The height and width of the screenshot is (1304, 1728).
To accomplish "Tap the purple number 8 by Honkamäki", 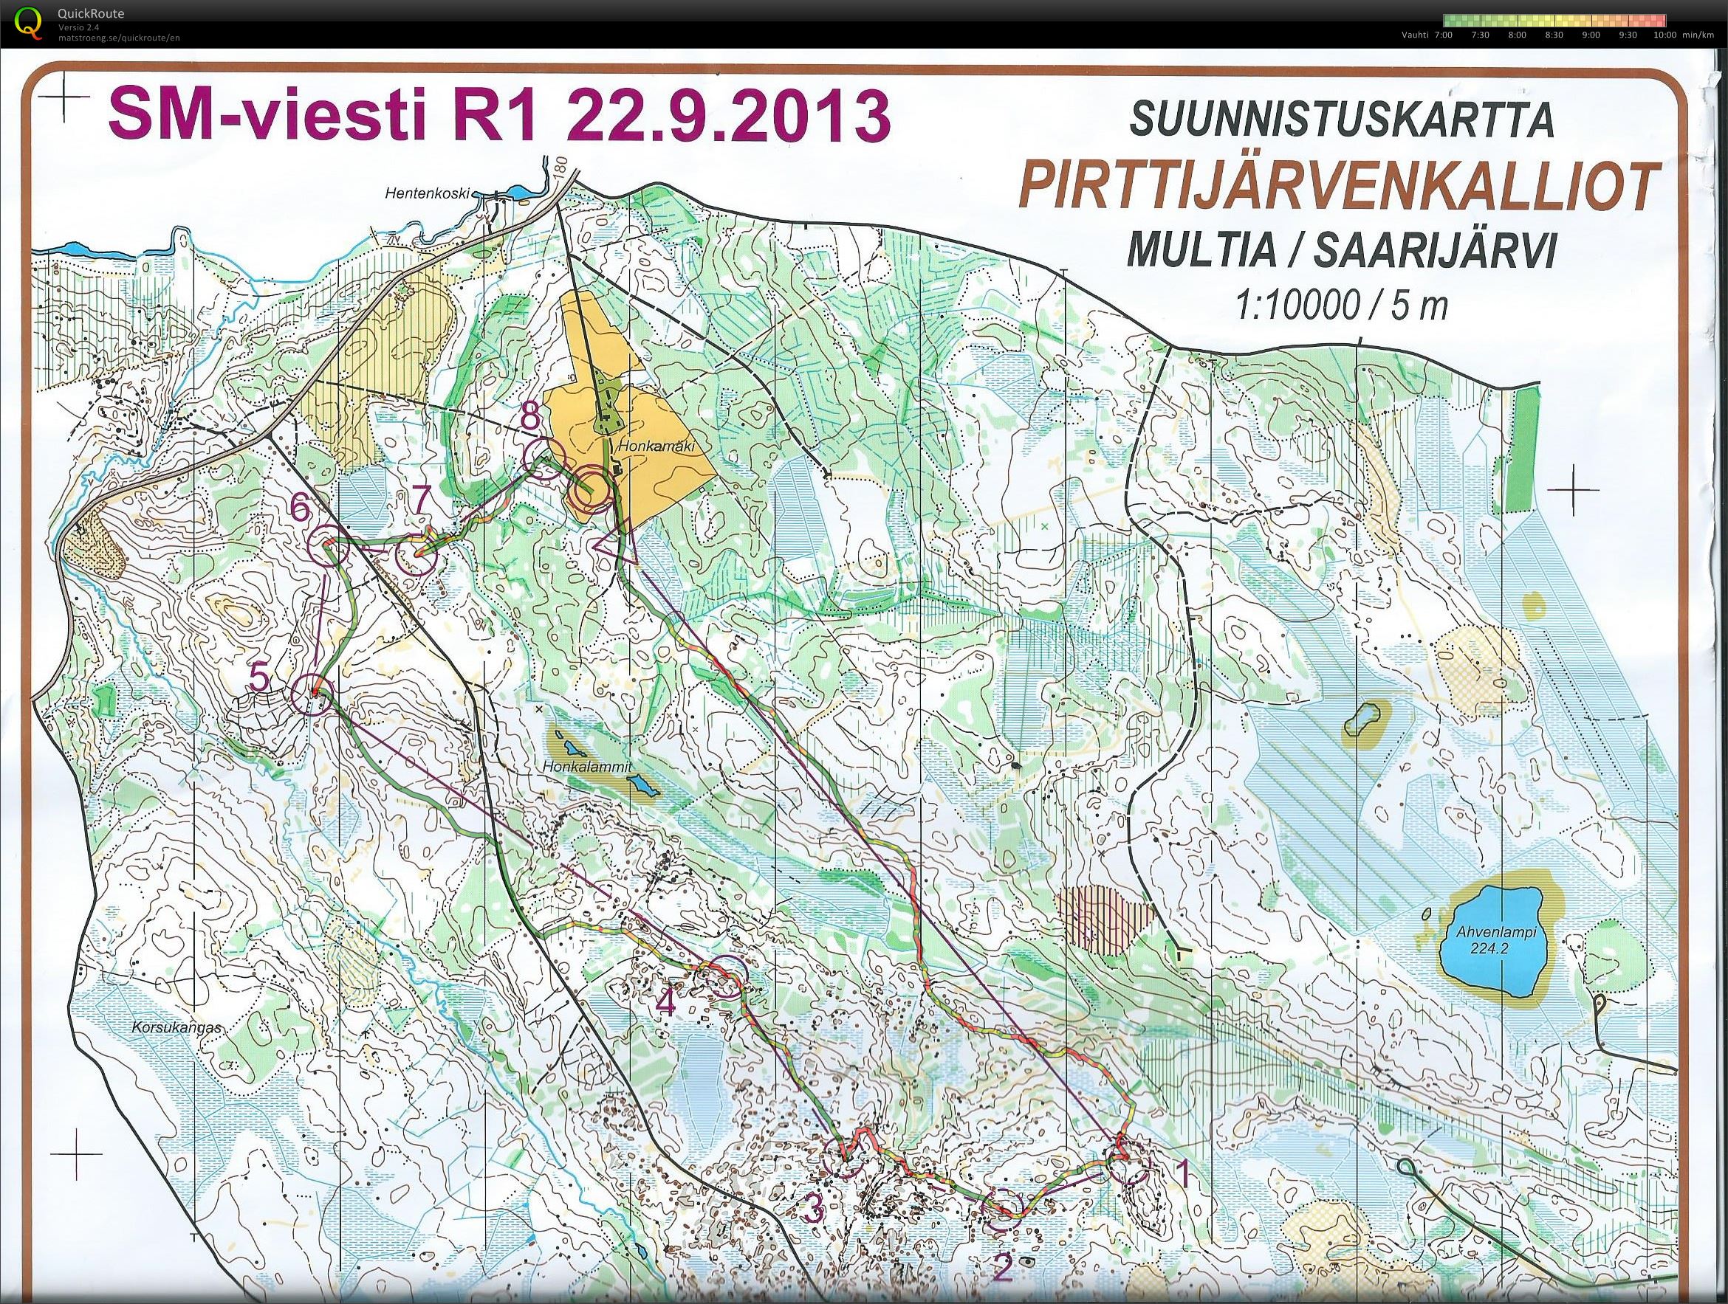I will click(530, 418).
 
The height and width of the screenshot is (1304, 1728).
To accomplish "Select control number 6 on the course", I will click(327, 546).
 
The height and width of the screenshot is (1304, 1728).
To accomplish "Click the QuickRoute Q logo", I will click(30, 22).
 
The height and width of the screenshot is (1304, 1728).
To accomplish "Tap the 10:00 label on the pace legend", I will click(1664, 35).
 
